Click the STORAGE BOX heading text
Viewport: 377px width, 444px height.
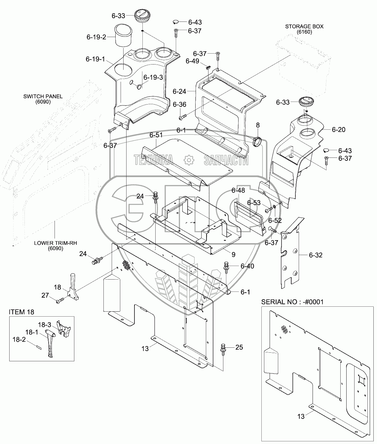(304, 26)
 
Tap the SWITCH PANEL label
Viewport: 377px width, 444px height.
(43, 97)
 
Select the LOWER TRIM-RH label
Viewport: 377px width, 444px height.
(56, 243)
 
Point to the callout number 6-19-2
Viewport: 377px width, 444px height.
(96, 37)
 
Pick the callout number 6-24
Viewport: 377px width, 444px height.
(179, 92)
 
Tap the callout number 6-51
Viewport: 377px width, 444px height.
(156, 135)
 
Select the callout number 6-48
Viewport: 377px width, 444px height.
(238, 190)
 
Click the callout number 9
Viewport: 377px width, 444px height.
(234, 254)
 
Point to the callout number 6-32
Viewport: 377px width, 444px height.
(316, 255)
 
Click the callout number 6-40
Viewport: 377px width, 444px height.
(247, 266)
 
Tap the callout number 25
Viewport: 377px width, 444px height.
(239, 347)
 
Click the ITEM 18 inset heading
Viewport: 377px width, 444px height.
(21, 312)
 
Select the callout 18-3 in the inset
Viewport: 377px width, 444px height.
(45, 325)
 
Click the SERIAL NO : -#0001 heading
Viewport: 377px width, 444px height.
(292, 302)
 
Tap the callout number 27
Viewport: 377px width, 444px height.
(45, 295)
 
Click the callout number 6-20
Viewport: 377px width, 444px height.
(339, 129)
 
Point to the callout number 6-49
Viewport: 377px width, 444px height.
(192, 61)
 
